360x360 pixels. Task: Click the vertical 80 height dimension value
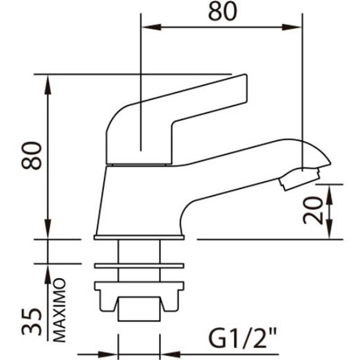(31, 156)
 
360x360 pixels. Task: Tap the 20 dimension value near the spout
(313, 210)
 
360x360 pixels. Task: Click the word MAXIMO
(60, 310)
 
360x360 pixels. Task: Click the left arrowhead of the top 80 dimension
(152, 27)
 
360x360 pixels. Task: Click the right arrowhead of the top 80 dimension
(291, 27)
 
